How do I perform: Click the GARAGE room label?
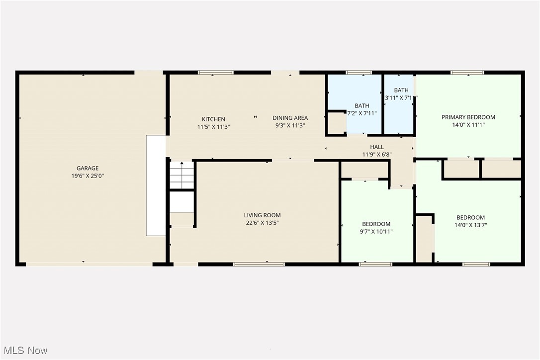pyautogui.click(x=88, y=168)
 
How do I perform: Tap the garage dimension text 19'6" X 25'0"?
pyautogui.click(x=88, y=176)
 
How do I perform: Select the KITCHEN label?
pyautogui.click(x=213, y=119)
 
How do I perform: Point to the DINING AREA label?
pyautogui.click(x=290, y=118)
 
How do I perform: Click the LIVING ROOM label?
pyautogui.click(x=262, y=215)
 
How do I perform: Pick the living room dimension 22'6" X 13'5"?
pyautogui.click(x=262, y=223)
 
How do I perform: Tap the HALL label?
pyautogui.click(x=377, y=147)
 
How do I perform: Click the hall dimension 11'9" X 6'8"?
pyautogui.click(x=377, y=154)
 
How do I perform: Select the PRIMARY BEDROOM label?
pyautogui.click(x=468, y=117)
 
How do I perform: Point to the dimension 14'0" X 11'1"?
pyautogui.click(x=468, y=125)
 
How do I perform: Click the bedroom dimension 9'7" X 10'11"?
pyautogui.click(x=376, y=231)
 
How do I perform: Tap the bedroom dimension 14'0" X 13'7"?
pyautogui.click(x=470, y=225)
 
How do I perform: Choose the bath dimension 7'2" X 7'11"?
pyautogui.click(x=362, y=113)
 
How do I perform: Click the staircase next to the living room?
pyautogui.click(x=182, y=175)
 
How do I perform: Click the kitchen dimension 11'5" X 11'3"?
pyautogui.click(x=213, y=127)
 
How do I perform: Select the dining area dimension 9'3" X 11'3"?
pyautogui.click(x=290, y=125)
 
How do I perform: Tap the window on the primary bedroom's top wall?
pyautogui.click(x=467, y=73)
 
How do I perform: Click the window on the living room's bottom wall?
pyautogui.click(x=259, y=264)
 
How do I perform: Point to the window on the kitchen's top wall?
pyautogui.click(x=216, y=73)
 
